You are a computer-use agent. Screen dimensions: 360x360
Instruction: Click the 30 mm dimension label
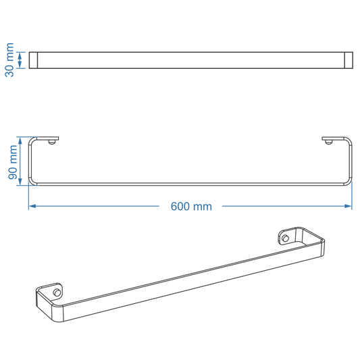coord(9,59)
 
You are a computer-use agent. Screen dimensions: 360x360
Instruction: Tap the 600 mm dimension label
coord(190,207)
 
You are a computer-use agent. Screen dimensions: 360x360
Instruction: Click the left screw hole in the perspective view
coord(57,292)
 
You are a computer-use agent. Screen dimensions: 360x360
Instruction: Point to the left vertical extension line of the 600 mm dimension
coord(28,196)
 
